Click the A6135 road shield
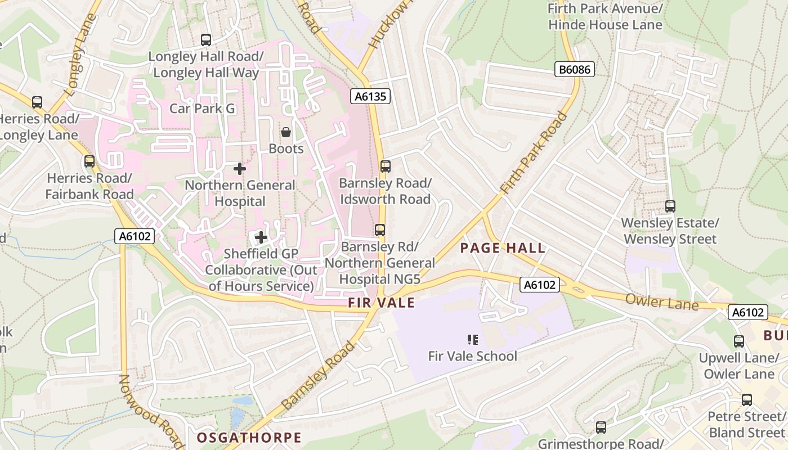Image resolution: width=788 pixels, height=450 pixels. [370, 96]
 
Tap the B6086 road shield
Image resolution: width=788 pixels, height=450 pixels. [575, 69]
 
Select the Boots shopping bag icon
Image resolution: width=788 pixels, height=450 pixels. [286, 132]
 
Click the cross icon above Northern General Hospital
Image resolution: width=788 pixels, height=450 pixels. [240, 168]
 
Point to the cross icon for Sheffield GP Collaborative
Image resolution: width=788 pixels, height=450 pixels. [261, 237]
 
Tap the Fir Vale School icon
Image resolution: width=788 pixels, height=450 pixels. [473, 339]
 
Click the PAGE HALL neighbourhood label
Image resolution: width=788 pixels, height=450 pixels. [503, 248]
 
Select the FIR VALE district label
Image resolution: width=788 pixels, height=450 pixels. [381, 303]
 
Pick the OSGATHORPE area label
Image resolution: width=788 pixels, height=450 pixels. [249, 438]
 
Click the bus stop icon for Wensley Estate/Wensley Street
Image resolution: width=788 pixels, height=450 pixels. [670, 206]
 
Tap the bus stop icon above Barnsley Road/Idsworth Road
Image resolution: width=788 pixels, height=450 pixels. [386, 166]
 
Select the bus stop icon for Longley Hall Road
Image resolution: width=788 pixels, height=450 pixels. [206, 40]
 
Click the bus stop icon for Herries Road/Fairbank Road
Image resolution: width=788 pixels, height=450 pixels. [89, 162]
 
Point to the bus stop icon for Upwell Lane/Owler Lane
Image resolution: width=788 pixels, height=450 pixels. [739, 341]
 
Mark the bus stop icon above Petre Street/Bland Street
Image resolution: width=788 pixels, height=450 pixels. [747, 400]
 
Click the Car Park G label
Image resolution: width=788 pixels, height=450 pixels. [203, 108]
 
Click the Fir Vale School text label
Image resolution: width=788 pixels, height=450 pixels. [472, 356]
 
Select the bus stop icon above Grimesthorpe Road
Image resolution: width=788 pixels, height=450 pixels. [601, 427]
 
